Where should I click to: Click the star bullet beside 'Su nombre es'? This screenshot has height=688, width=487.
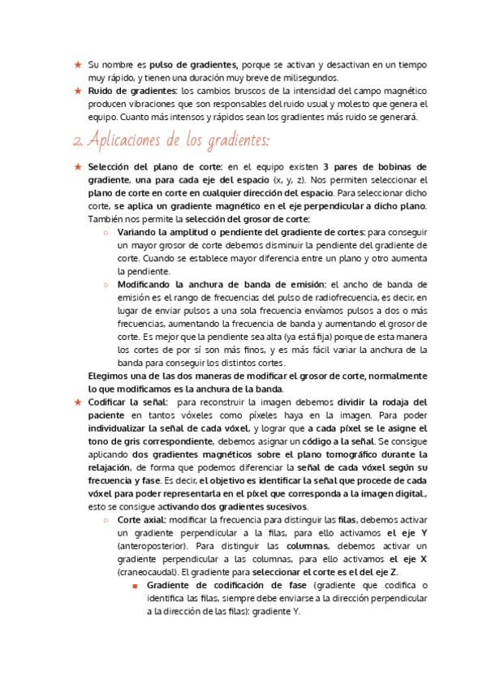click(77, 64)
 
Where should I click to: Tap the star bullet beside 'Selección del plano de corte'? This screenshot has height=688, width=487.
click(77, 166)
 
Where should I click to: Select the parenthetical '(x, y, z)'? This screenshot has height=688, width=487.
click(290, 179)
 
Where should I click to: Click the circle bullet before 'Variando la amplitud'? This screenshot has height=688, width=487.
click(106, 232)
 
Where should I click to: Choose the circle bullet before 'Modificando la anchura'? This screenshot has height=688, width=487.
click(106, 285)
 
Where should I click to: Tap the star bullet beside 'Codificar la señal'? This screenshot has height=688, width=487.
click(77, 402)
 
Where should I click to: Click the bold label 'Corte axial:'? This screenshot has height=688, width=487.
click(143, 520)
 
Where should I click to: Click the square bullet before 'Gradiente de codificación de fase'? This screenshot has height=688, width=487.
click(136, 586)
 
